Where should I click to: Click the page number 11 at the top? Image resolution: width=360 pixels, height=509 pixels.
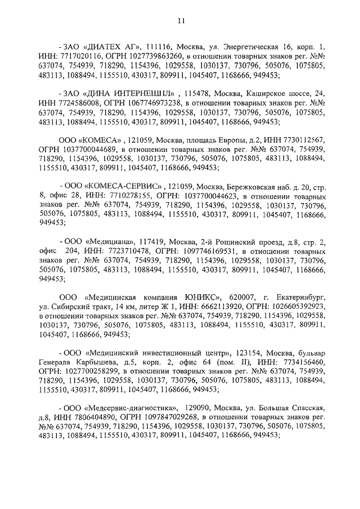coord(180,21)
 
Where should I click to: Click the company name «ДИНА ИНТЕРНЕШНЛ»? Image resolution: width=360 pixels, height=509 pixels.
coord(127,91)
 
